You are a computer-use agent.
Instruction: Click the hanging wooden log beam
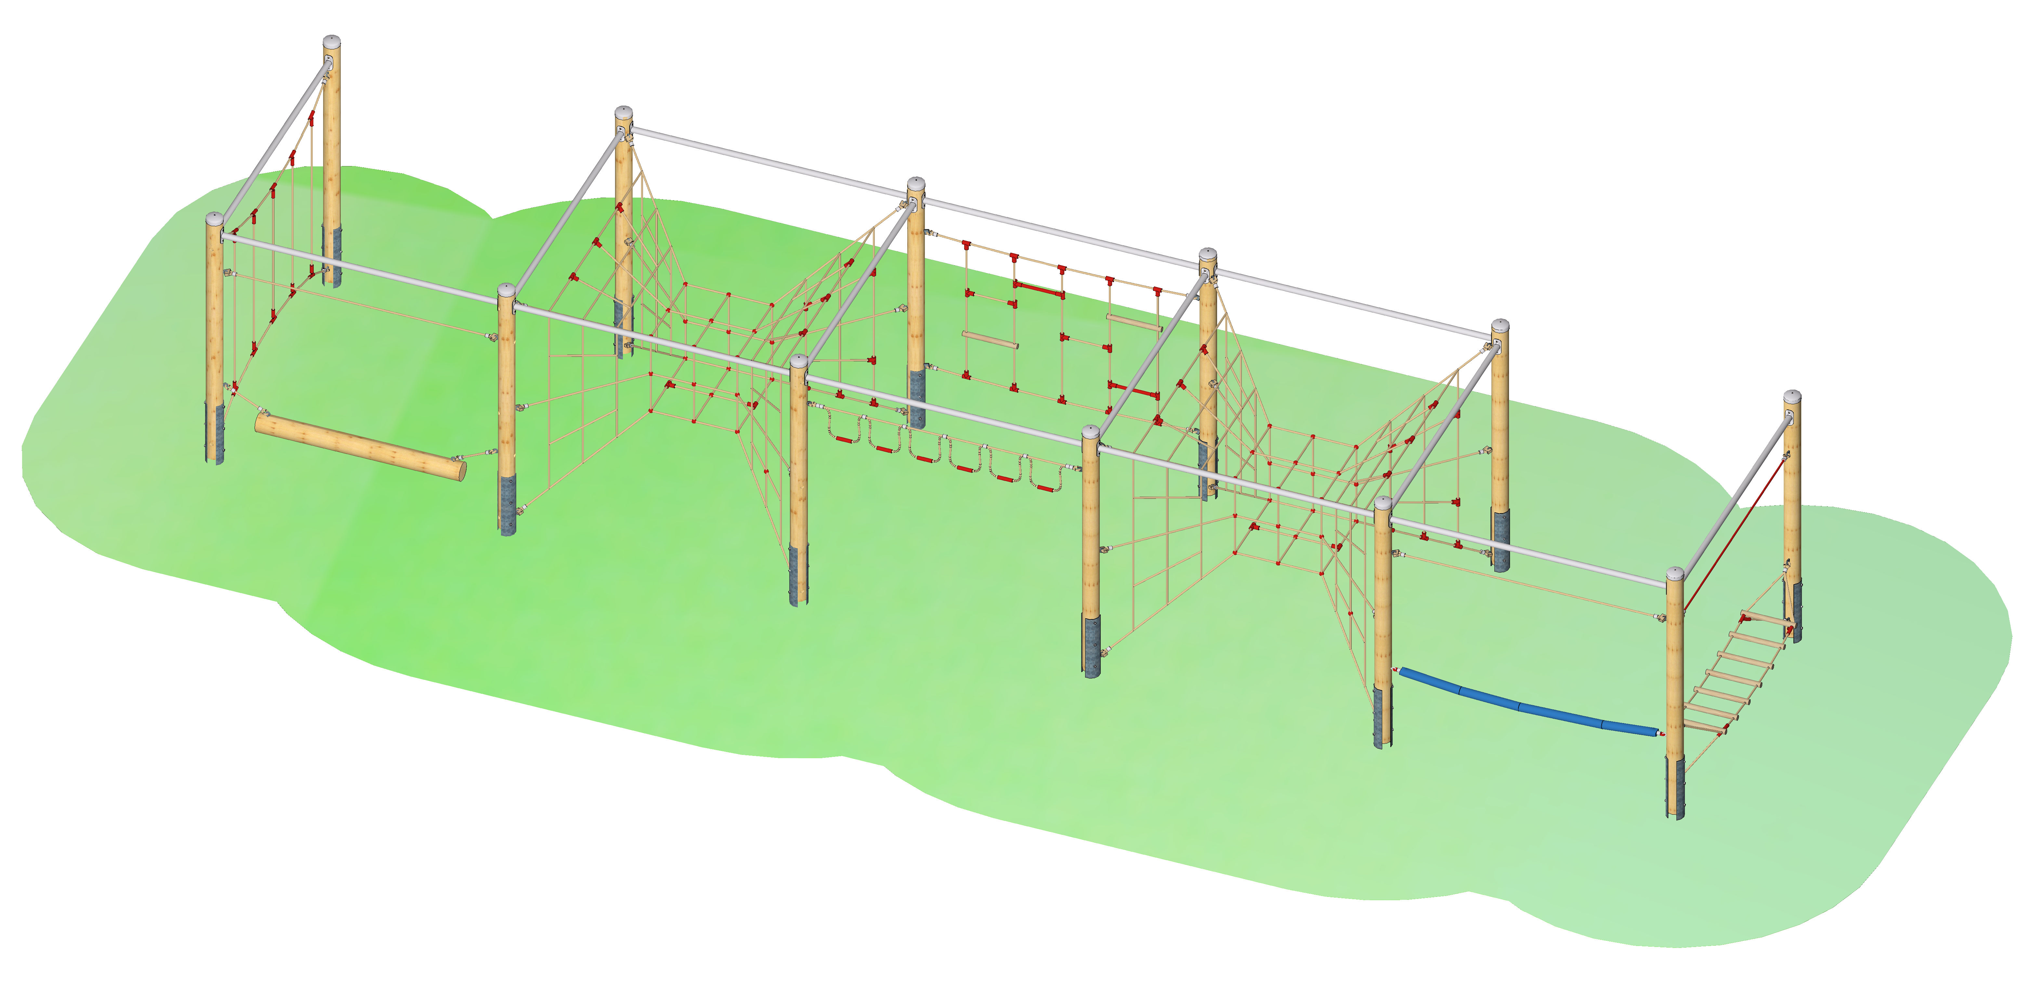click(360, 446)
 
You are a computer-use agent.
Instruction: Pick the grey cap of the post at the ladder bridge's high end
click(1792, 396)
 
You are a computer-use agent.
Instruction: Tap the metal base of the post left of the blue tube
click(1383, 715)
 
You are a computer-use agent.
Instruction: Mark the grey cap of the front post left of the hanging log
click(214, 218)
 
